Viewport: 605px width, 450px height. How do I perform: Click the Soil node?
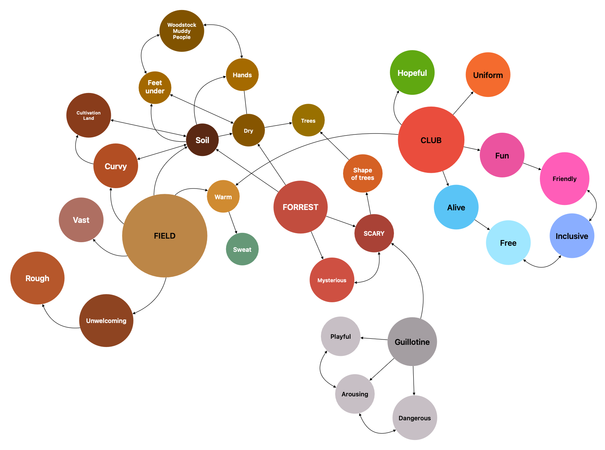point(202,140)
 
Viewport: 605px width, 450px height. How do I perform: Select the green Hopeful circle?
point(412,73)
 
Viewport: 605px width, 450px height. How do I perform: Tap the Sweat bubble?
point(242,249)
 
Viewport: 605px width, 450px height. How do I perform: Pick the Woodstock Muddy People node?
point(182,31)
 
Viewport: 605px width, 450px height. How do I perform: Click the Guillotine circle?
point(412,342)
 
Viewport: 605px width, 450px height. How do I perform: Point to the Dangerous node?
point(415,418)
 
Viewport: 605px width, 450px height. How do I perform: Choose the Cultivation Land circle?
point(89,115)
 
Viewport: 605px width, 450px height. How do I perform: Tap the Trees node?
point(308,121)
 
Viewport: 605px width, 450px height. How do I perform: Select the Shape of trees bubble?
point(362,173)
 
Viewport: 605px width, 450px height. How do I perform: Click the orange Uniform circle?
point(488,75)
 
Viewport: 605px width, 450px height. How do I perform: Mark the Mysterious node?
point(332,280)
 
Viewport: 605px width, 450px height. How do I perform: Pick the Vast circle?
point(81,220)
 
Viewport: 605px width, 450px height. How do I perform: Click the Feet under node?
point(155,87)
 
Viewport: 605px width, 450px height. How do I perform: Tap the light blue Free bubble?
point(508,243)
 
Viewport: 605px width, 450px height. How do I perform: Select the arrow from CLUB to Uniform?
point(463,103)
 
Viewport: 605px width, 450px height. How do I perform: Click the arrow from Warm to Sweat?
point(233,223)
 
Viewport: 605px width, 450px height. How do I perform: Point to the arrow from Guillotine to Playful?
point(374,339)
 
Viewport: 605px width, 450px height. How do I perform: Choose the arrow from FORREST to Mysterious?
point(317,245)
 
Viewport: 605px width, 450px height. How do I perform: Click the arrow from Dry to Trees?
point(278,125)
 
